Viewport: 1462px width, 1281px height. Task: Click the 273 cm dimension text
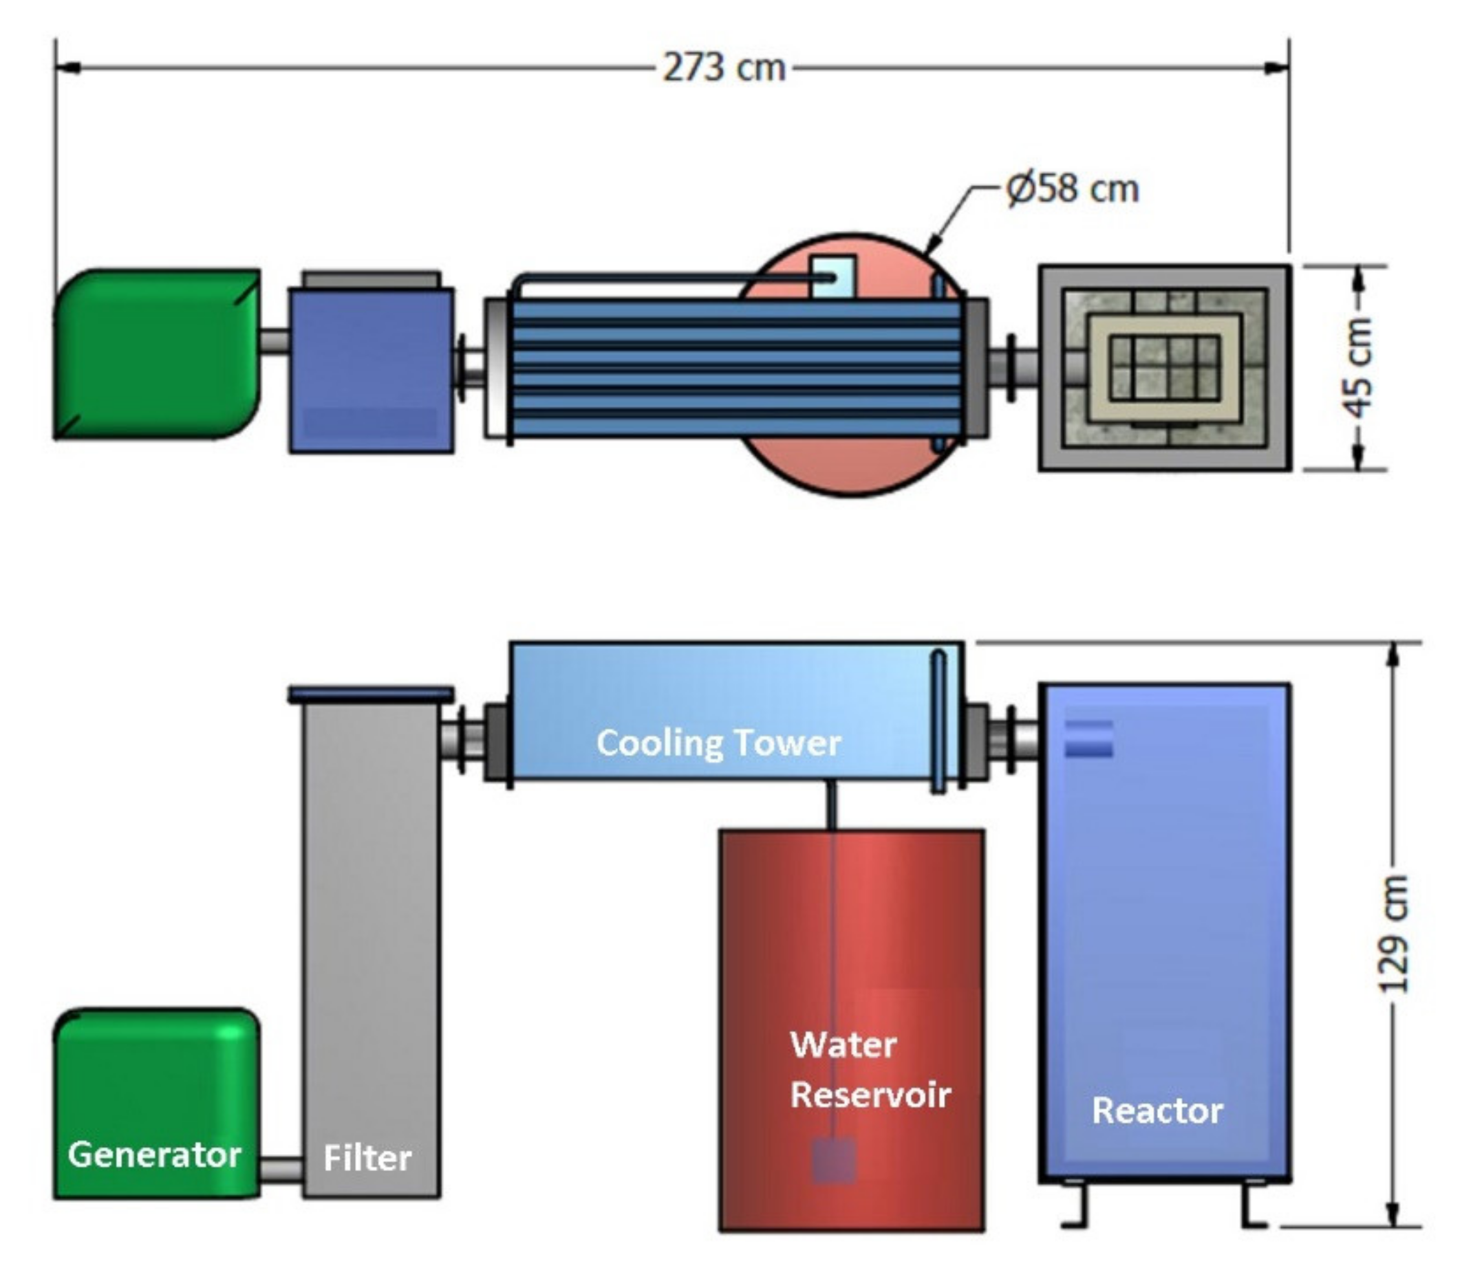(723, 68)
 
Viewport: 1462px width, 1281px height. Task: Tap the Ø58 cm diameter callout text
(1072, 190)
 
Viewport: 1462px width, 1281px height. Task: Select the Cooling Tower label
(718, 743)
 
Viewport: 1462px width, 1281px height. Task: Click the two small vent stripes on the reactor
(1088, 738)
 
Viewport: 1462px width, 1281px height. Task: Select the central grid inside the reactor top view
(1165, 367)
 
